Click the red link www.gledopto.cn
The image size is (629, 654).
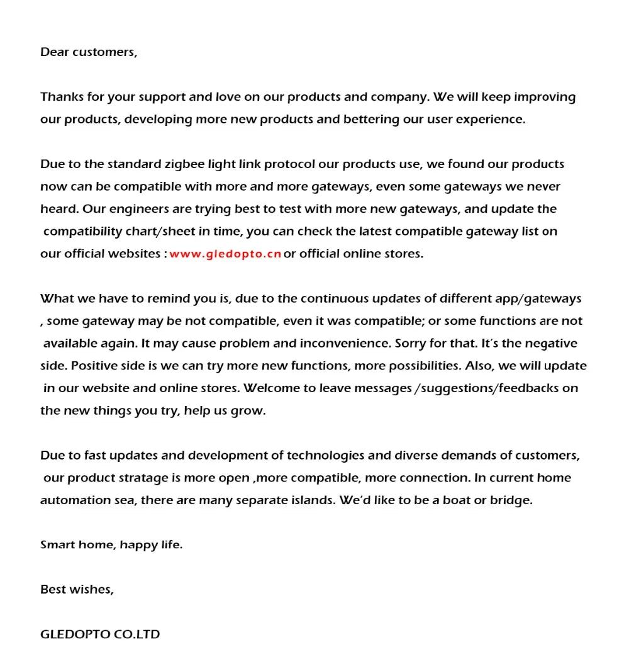point(225,254)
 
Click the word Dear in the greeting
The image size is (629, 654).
point(55,52)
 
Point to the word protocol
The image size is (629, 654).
point(289,164)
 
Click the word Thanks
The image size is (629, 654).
point(60,97)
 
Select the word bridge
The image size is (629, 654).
point(511,500)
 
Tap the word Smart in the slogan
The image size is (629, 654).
point(57,545)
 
